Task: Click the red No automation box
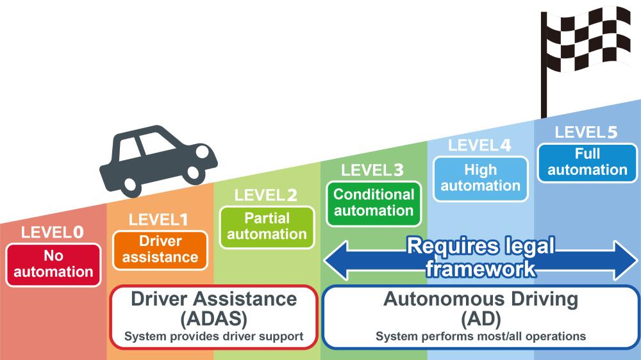[54, 265]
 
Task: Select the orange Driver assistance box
[160, 250]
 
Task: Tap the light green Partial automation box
[267, 227]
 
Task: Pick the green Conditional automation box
[374, 202]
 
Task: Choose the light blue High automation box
[481, 178]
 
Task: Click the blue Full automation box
[587, 162]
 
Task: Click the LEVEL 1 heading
[158, 220]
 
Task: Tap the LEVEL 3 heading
[372, 170]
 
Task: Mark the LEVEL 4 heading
[479, 145]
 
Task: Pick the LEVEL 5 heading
[586, 133]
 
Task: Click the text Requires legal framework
[481, 258]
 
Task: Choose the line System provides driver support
[213, 336]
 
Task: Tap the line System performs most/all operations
[481, 336]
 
